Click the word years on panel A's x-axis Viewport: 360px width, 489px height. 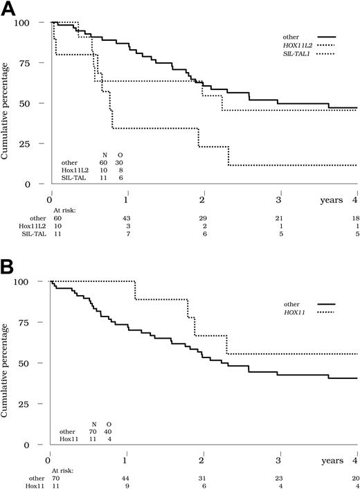click(x=322, y=200)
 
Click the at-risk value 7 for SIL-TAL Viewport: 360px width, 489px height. click(x=125, y=236)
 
